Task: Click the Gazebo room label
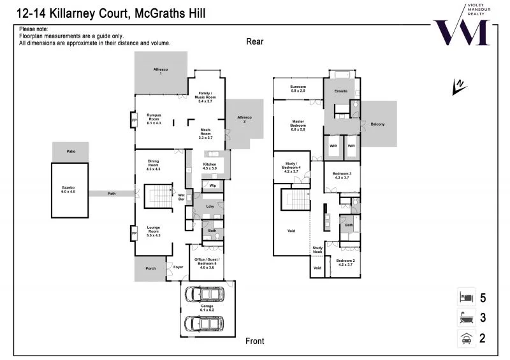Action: tap(68, 189)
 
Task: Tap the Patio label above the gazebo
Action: tap(71, 152)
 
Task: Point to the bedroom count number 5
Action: tap(483, 298)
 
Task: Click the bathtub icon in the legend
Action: tap(465, 318)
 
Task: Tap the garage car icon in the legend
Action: tap(465, 339)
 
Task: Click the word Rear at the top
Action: tap(255, 41)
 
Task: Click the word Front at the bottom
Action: tap(255, 341)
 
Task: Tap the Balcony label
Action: tap(377, 124)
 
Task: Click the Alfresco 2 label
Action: tap(245, 119)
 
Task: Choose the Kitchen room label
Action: tap(210, 166)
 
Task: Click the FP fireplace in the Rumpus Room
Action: tap(134, 120)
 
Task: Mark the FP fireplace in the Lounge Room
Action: tap(134, 233)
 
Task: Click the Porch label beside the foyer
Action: tap(150, 268)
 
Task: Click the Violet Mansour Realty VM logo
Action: tap(462, 29)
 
